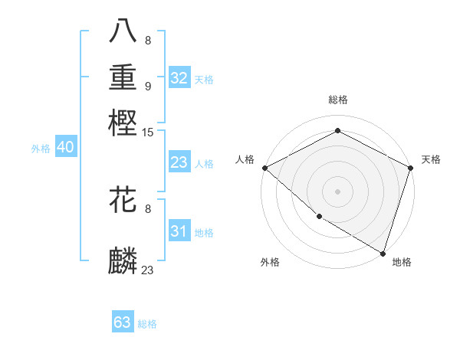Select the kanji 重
click(x=123, y=77)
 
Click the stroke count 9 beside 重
click(x=147, y=87)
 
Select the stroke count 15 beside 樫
click(x=148, y=133)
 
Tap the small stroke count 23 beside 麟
click(x=148, y=270)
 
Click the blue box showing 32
click(x=179, y=78)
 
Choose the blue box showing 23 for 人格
click(x=179, y=162)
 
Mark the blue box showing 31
click(x=179, y=232)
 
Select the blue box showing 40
click(x=65, y=148)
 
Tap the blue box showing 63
click(x=123, y=322)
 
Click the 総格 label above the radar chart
click(x=337, y=100)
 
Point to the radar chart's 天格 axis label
click(x=431, y=159)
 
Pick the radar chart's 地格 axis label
click(x=402, y=262)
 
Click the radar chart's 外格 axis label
click(x=270, y=262)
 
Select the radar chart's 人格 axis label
click(x=245, y=159)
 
